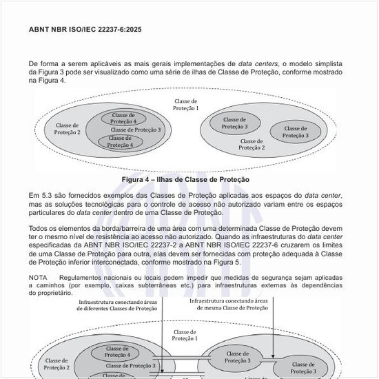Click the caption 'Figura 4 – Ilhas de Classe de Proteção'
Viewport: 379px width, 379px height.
[x=185, y=179]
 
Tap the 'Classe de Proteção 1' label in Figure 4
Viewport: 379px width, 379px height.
[x=185, y=105]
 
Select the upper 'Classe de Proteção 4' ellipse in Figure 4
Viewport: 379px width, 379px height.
[x=124, y=118]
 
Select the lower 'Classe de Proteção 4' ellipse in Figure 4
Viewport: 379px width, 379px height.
[x=121, y=142]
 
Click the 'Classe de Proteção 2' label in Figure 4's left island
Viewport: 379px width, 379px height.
[x=68, y=128]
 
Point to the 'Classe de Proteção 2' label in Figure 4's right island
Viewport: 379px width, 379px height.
[x=252, y=144]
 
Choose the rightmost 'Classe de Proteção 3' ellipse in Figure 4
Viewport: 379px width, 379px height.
[x=296, y=132]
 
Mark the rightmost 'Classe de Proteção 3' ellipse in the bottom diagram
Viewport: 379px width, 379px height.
[x=304, y=368]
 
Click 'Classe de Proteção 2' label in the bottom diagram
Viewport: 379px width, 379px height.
[x=57, y=364]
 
